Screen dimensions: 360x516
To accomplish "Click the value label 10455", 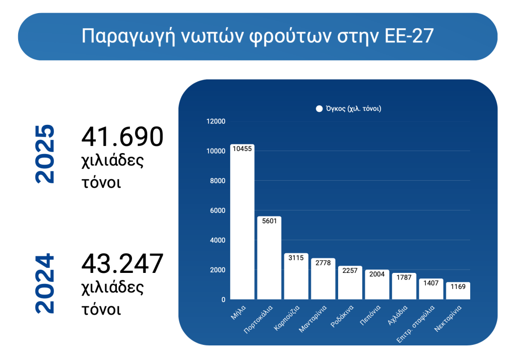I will point(242,149).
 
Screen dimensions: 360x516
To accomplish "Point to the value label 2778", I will point(323,262).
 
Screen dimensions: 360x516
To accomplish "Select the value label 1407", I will point(431,282).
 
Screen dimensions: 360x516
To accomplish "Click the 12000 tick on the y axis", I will point(216,121).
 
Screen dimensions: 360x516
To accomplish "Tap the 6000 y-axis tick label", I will point(218,210).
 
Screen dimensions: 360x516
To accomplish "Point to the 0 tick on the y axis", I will point(223,300).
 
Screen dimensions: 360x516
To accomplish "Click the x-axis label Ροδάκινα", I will point(342,316).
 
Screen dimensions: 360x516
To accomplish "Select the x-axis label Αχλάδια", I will point(397,315).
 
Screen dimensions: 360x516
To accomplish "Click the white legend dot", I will point(319,109).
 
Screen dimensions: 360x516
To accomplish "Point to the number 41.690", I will point(122,136).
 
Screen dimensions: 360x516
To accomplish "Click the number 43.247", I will point(122,263).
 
